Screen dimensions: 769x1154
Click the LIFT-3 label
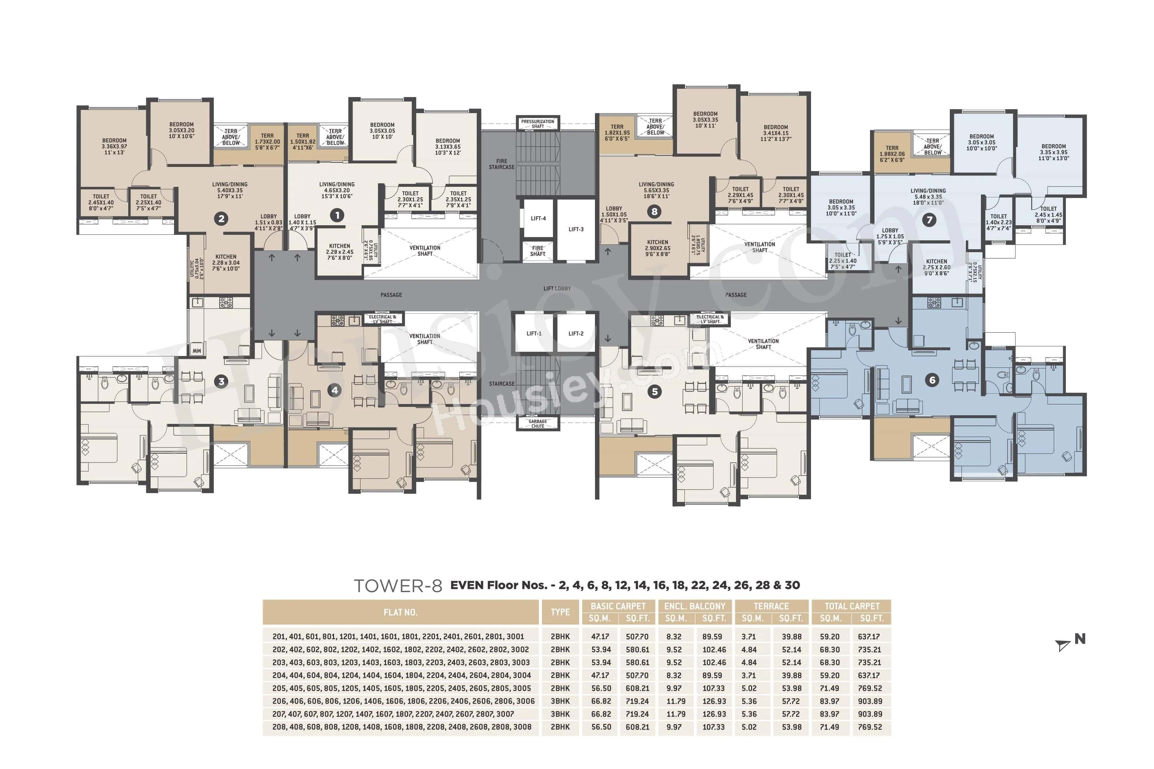[576, 229]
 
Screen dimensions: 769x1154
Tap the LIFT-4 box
[538, 218]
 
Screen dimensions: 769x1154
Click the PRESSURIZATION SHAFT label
[538, 124]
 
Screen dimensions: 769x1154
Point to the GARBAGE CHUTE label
[538, 423]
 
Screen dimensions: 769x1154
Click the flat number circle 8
[654, 211]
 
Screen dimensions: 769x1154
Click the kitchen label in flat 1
[339, 252]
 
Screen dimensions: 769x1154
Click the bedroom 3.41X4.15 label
[776, 132]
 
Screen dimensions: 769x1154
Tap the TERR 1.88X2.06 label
[892, 153]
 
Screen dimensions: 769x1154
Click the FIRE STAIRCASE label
[501, 164]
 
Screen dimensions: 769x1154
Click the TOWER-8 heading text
[398, 586]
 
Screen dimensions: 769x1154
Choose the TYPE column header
[560, 612]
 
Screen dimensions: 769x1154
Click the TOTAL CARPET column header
[851, 606]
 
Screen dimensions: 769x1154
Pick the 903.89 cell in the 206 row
[870, 701]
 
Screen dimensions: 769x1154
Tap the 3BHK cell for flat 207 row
[560, 714]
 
